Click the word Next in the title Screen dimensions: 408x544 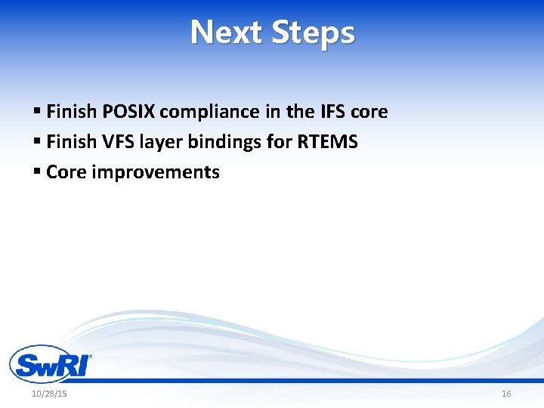coord(227,32)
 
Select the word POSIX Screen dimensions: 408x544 coord(128,112)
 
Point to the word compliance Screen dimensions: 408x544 coord(210,112)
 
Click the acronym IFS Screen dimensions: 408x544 coord(333,112)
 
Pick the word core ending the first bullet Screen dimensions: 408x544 coord(369,112)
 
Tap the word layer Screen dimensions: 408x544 coord(159,142)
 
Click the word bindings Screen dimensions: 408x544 coord(217,142)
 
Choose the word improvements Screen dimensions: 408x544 coord(155,172)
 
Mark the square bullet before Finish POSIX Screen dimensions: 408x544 coord(37,112)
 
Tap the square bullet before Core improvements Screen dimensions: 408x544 coord(37,172)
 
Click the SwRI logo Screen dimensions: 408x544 coord(50,364)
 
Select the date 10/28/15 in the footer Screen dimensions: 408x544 coord(49,394)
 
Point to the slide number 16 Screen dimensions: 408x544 coord(506,394)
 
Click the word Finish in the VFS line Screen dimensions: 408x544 coord(71,142)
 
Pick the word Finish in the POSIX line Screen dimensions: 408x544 coord(71,112)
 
